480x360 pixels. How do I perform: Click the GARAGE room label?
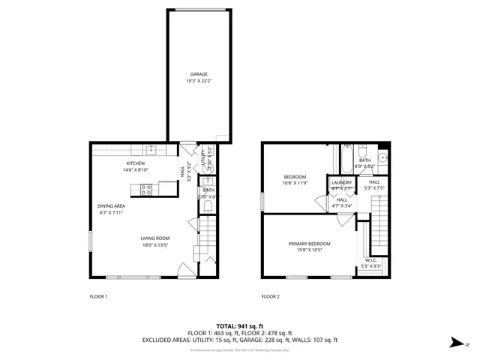(x=198, y=74)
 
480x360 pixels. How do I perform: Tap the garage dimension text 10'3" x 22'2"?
(x=198, y=81)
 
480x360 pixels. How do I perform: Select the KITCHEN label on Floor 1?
(x=135, y=163)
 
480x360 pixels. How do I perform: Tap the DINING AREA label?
(x=110, y=205)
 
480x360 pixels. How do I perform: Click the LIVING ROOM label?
(x=155, y=238)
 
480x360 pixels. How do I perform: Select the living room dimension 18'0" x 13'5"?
(x=155, y=245)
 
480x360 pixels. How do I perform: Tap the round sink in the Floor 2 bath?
(x=382, y=157)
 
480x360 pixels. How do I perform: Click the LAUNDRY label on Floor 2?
(x=342, y=182)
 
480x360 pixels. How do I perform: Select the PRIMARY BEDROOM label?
(x=310, y=243)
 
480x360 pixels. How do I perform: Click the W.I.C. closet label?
(x=371, y=260)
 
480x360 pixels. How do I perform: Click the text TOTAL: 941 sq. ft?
(x=240, y=326)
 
